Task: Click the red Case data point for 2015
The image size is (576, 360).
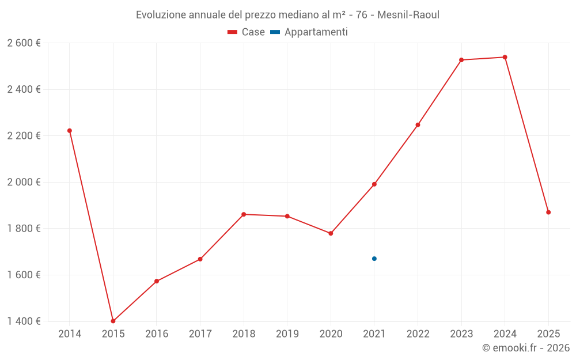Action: (x=113, y=321)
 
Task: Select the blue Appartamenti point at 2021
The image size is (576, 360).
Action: (x=374, y=259)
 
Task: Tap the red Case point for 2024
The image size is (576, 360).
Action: (x=505, y=57)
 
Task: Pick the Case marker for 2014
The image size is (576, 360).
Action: (x=70, y=131)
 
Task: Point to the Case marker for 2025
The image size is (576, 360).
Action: (x=548, y=213)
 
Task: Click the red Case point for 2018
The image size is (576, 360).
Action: (x=244, y=214)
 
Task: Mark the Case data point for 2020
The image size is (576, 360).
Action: (x=331, y=233)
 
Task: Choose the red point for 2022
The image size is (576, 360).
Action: (x=418, y=125)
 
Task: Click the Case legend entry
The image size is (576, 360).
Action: (x=247, y=32)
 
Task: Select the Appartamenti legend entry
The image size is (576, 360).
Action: (x=309, y=32)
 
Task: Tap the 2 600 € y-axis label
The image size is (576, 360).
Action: (x=24, y=43)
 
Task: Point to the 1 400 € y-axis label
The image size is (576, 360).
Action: (x=24, y=321)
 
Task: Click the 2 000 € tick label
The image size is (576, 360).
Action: (x=24, y=182)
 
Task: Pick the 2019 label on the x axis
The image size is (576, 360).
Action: (x=287, y=334)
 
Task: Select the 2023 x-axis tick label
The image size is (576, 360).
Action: (x=461, y=334)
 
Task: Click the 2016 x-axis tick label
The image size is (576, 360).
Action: (x=157, y=334)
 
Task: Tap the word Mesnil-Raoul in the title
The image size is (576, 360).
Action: (x=408, y=15)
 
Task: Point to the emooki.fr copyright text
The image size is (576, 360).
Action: (x=526, y=348)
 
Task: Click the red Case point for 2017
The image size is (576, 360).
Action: (x=200, y=259)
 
